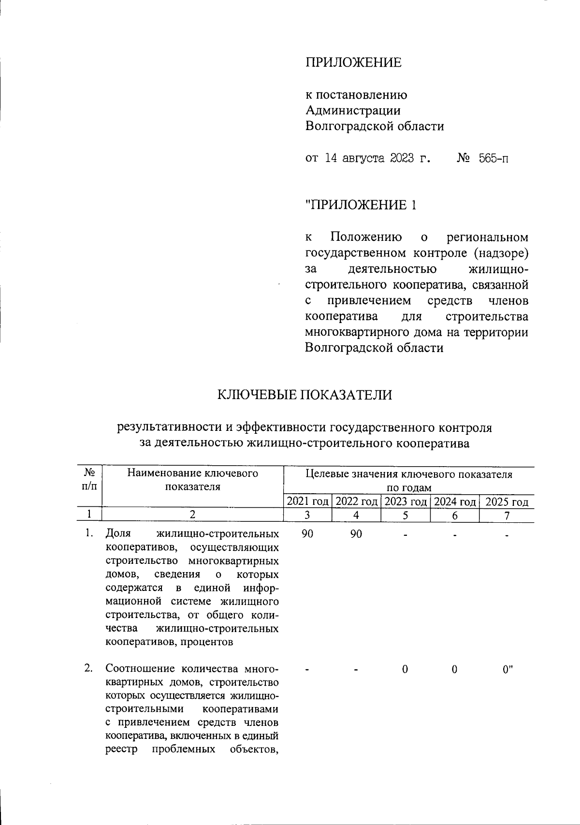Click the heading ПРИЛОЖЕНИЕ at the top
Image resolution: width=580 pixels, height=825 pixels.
tap(353, 63)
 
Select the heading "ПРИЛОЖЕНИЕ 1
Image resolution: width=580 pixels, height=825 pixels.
tap(361, 205)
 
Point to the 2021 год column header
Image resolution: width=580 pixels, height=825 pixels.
tap(308, 502)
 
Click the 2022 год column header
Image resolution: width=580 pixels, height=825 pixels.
tap(357, 502)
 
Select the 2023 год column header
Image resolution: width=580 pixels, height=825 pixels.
tap(406, 502)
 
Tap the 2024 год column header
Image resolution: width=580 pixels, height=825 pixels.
tap(455, 502)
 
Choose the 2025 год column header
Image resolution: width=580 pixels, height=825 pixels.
tap(507, 502)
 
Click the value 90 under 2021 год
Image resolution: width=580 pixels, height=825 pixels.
tap(307, 534)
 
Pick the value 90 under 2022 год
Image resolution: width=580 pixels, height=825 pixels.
tap(356, 534)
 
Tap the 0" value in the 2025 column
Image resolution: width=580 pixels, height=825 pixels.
tap(507, 669)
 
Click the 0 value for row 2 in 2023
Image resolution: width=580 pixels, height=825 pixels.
tap(405, 669)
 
